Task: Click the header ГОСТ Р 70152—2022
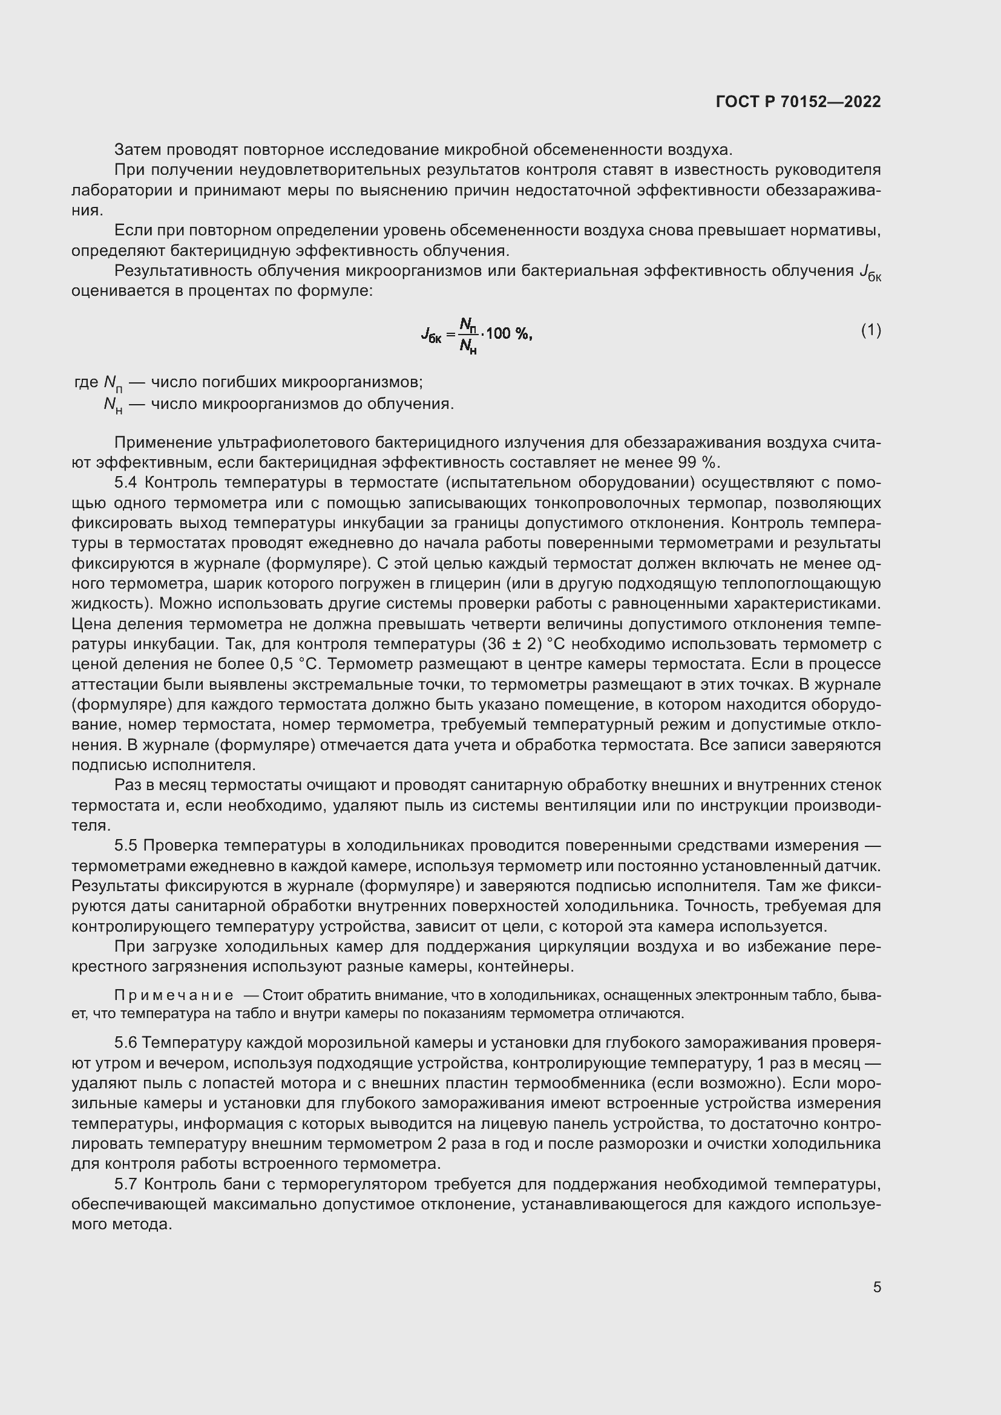coord(798,102)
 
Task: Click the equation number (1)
coord(870,331)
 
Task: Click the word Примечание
coord(173,996)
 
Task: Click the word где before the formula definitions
coord(86,382)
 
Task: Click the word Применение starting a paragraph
coord(163,442)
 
